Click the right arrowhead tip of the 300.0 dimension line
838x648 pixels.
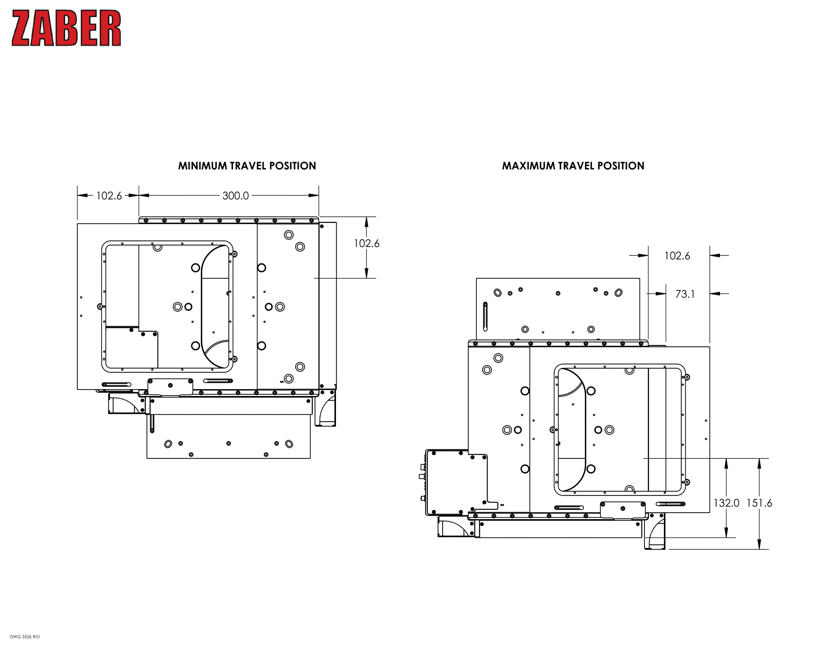click(x=318, y=196)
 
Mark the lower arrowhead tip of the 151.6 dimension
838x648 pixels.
click(x=759, y=549)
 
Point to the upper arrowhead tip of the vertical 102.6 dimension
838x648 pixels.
click(x=366, y=217)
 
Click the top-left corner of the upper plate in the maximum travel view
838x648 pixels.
click(x=477, y=278)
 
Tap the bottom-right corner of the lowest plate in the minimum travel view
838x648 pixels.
click(x=310, y=458)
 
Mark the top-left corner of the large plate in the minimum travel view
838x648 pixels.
click(x=77, y=224)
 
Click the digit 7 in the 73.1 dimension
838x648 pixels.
click(x=678, y=294)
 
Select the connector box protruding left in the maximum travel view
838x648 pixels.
click(x=447, y=482)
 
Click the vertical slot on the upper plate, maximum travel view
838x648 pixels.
click(x=485, y=317)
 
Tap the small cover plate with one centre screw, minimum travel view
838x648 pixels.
click(x=170, y=386)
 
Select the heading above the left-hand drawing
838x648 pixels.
click(x=247, y=166)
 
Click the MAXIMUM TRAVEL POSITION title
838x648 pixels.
click(x=573, y=166)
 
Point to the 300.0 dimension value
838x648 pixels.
click(x=235, y=196)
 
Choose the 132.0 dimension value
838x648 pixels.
click(x=726, y=503)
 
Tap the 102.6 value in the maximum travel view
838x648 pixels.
click(x=677, y=256)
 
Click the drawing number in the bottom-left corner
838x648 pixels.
click(x=25, y=637)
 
